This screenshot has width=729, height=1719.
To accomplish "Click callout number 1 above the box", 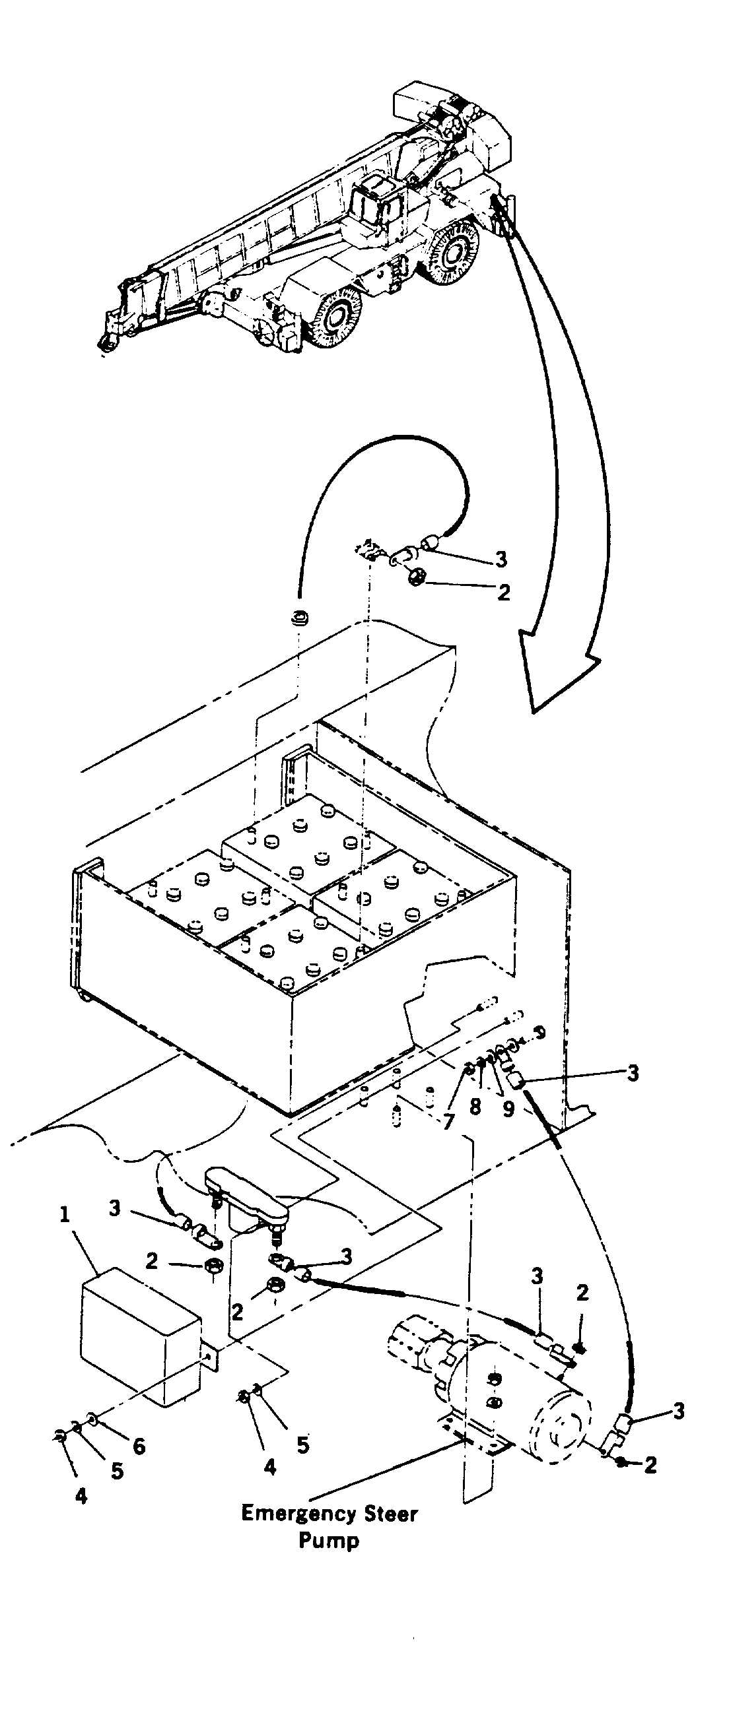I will point(65,1214).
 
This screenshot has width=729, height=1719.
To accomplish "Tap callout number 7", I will point(448,1122).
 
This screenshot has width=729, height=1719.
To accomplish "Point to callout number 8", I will point(475,1107).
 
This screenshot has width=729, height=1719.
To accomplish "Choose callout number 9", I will point(508,1109).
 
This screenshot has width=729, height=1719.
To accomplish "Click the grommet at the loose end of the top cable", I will point(299,617).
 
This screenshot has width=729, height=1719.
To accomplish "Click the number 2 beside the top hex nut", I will point(504,591).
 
